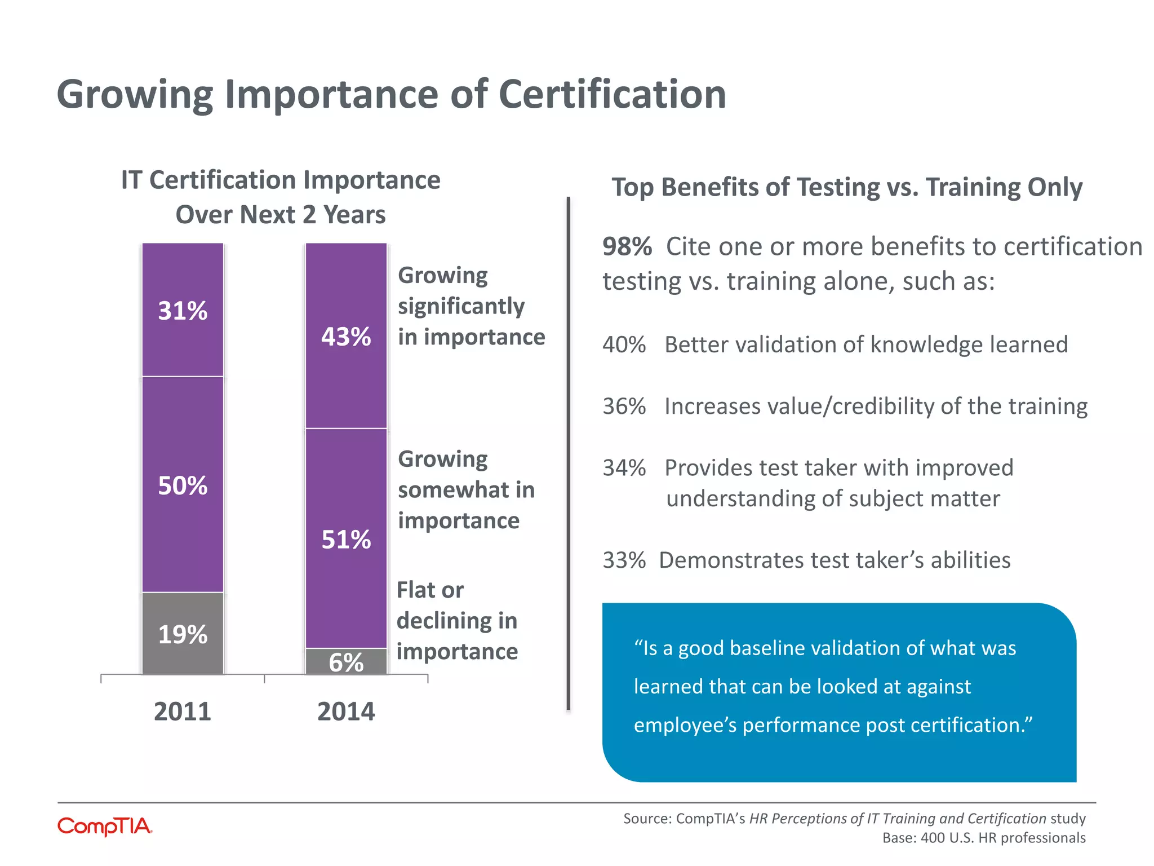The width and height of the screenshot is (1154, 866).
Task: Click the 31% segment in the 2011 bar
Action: pos(183,310)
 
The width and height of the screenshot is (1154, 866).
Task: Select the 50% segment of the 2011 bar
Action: pos(183,484)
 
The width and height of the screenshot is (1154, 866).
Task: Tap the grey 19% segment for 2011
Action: pos(183,633)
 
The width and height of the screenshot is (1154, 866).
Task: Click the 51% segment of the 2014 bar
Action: pos(346,538)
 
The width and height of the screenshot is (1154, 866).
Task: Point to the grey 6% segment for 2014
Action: pos(346,662)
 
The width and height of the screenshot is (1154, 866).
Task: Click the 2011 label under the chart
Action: pos(183,711)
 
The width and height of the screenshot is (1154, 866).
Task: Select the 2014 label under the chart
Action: pos(346,711)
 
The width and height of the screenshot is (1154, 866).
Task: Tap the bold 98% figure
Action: pos(627,246)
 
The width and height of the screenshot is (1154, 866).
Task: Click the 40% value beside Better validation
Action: pos(624,344)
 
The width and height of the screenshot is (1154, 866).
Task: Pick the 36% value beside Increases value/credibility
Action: pos(624,406)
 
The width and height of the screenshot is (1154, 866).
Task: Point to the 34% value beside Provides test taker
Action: pos(624,468)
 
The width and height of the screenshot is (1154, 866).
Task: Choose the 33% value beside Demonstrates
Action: pos(624,560)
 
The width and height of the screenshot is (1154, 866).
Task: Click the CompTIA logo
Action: pos(105,827)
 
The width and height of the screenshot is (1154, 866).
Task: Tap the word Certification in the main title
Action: pos(612,94)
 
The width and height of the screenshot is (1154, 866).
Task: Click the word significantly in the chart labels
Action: pos(461,307)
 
